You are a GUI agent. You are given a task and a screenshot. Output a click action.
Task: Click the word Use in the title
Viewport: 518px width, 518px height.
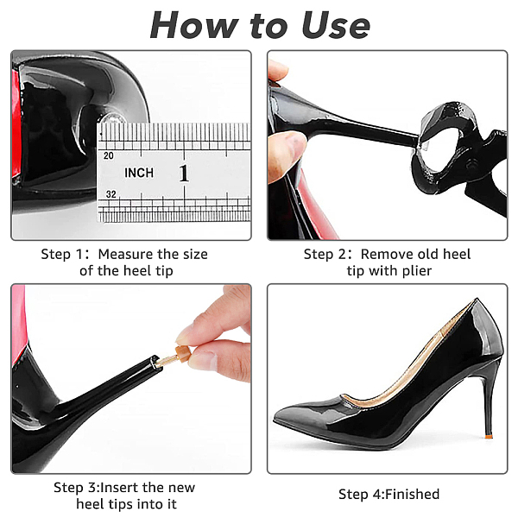tap(336, 26)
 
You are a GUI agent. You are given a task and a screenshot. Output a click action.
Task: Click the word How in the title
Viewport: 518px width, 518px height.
tap(194, 25)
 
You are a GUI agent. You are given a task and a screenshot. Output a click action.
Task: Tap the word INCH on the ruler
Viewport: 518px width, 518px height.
tap(139, 173)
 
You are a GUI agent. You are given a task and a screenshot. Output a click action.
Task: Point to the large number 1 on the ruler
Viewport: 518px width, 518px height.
tap(184, 174)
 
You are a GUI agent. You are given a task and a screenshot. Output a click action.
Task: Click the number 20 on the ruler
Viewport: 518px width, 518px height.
tap(109, 155)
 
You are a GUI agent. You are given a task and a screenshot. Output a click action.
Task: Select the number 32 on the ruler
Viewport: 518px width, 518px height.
tap(111, 194)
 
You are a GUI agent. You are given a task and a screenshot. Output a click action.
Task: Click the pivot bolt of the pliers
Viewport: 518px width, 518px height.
tap(471, 163)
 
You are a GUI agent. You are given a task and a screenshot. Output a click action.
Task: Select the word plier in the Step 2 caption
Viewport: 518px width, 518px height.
tap(417, 271)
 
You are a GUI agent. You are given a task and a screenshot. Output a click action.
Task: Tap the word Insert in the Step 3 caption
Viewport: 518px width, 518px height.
tap(119, 487)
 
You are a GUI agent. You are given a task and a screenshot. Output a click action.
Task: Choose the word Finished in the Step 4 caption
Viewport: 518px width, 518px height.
tap(412, 494)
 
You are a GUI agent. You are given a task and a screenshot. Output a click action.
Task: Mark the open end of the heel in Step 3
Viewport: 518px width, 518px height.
tap(155, 362)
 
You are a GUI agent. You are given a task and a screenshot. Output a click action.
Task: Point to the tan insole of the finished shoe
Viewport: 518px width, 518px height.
tap(407, 376)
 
